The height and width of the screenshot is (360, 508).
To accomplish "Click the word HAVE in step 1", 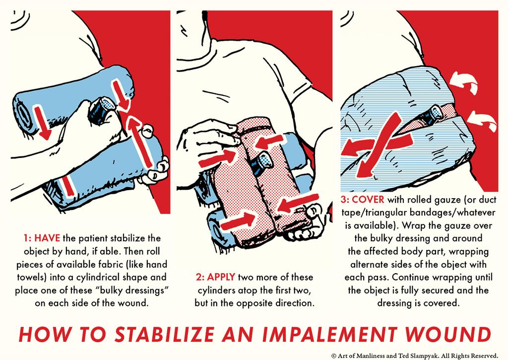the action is [x=47, y=238].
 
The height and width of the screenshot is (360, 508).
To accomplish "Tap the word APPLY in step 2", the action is [x=221, y=277].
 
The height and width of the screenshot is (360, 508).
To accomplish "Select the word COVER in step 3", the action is [x=368, y=200].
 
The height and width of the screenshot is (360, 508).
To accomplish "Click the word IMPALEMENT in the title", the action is [x=329, y=334].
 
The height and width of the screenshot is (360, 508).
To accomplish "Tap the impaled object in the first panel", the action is [x=101, y=110].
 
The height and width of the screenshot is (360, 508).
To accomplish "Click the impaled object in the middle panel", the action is [x=261, y=164].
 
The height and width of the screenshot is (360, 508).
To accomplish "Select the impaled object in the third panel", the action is [x=432, y=116].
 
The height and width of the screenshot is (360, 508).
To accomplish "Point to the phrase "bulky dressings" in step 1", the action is [x=132, y=290].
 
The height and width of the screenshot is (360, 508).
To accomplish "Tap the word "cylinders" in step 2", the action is [x=216, y=290].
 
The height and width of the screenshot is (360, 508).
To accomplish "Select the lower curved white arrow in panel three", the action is [x=483, y=120].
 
